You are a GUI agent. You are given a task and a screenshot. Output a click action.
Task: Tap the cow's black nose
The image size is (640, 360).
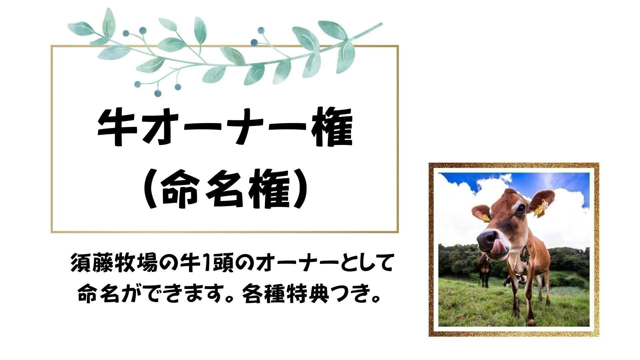click(x=487, y=238)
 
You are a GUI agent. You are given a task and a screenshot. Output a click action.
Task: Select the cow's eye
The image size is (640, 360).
click(x=520, y=208)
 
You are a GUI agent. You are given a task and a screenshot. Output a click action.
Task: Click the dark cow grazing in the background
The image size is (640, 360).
click(x=484, y=267)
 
